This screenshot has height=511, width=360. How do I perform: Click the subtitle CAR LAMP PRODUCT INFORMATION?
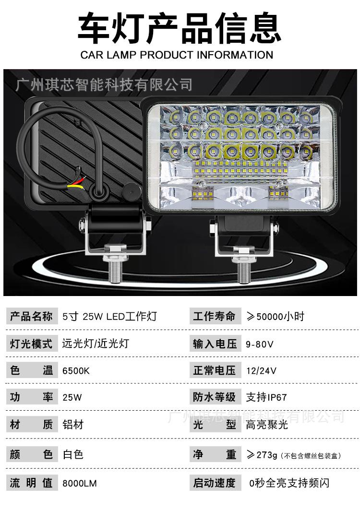tap(177, 55)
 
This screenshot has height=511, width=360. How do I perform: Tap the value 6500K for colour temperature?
tap(76, 371)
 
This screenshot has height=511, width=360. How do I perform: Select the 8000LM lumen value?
tap(80, 483)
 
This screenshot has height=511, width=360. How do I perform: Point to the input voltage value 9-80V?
tap(259, 344)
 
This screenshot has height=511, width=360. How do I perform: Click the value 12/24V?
tap(261, 371)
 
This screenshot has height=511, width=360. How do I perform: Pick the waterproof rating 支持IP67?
tap(266, 397)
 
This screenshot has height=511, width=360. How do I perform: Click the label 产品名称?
tap(31, 317)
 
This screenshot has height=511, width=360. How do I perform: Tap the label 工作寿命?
tap(215, 317)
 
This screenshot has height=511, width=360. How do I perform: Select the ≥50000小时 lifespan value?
tap(275, 317)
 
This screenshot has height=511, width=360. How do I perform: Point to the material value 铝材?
tap(73, 425)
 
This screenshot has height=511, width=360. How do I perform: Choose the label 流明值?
tap(31, 483)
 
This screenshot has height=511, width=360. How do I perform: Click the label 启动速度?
tap(215, 483)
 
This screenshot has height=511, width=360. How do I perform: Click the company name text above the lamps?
tap(104, 85)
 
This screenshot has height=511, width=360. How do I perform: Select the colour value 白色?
tap(73, 454)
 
